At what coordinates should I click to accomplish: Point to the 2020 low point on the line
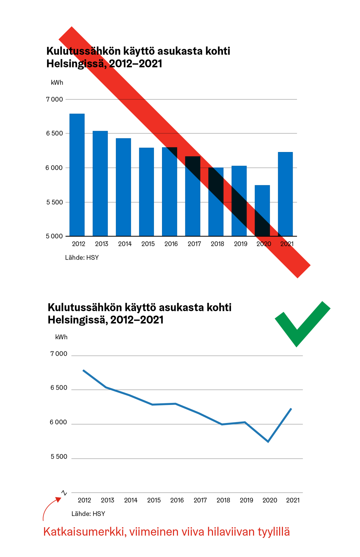coord(268,442)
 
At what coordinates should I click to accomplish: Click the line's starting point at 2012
coord(84,371)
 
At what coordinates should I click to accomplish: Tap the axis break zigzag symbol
coord(64,493)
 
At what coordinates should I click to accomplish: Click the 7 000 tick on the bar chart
coord(55,99)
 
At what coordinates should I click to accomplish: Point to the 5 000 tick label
coord(54,236)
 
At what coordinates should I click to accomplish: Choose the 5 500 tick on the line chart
coord(59,457)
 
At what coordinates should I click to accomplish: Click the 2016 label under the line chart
coord(177,500)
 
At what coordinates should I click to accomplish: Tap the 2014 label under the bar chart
coord(125,244)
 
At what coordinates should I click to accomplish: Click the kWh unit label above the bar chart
coord(57,83)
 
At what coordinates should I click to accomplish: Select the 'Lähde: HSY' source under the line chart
coord(88,514)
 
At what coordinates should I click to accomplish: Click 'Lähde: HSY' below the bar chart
coord(82,258)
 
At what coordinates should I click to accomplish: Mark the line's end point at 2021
coord(291,409)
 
